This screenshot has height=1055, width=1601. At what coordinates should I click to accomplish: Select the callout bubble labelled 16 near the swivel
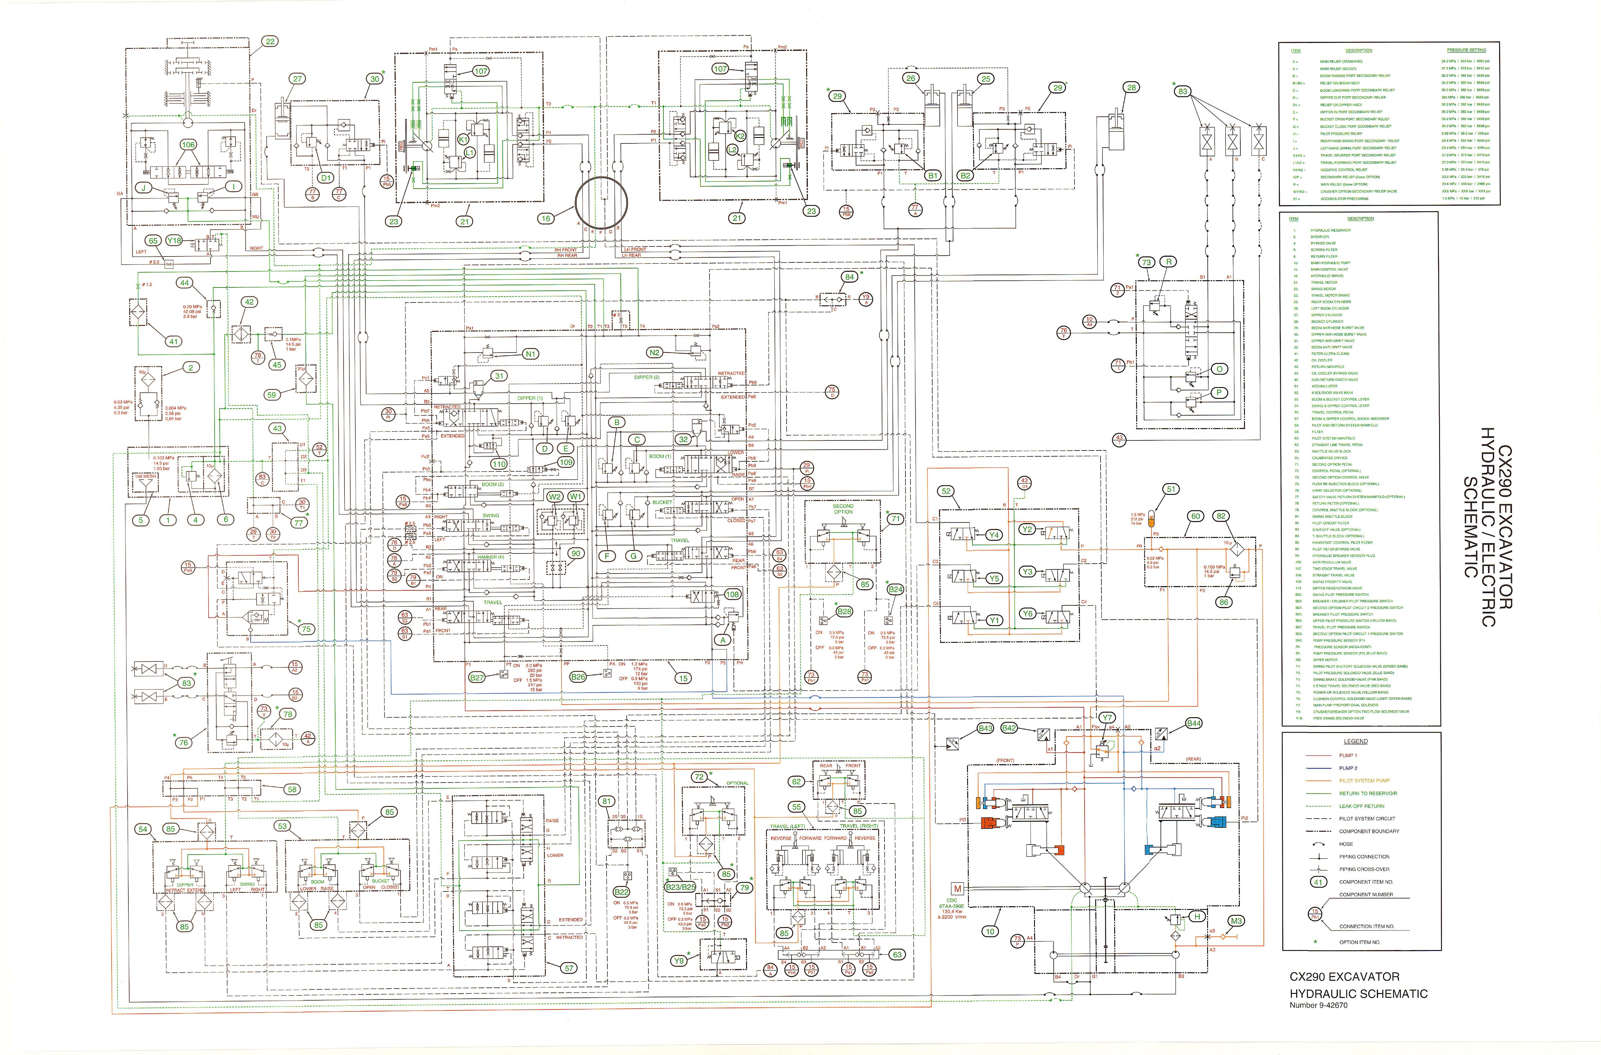tap(546, 218)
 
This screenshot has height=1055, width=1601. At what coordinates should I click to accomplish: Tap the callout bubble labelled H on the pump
tap(1197, 916)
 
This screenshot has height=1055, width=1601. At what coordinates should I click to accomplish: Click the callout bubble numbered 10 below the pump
tap(989, 931)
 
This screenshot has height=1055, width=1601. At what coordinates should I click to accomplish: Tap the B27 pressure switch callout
tap(477, 678)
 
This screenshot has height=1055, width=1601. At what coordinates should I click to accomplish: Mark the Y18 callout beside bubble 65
tap(174, 240)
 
